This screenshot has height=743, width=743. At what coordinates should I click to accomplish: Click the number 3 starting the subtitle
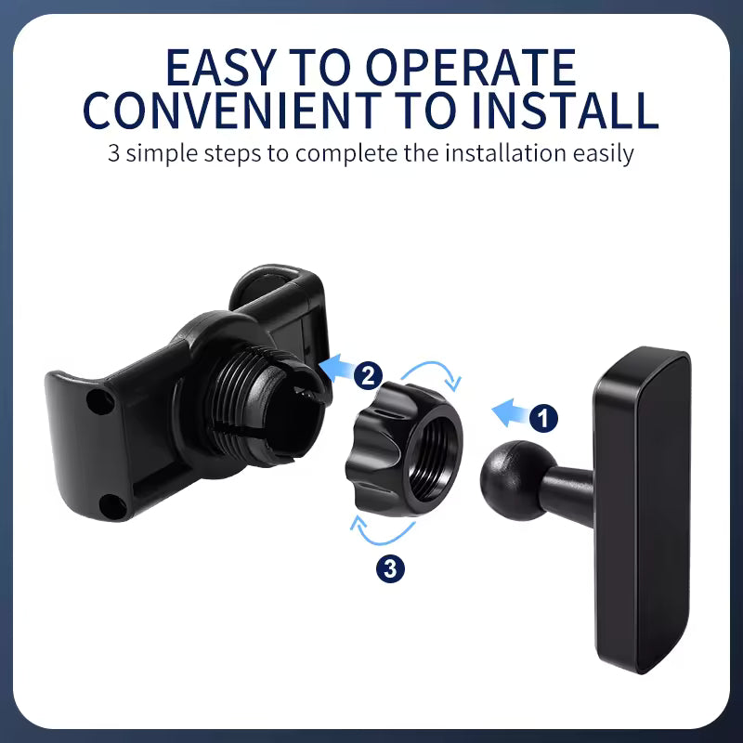click(114, 152)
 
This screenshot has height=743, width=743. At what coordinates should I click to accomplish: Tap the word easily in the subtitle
click(603, 152)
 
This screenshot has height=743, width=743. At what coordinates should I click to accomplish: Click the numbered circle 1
click(543, 418)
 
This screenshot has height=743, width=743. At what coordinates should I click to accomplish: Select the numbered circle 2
click(368, 376)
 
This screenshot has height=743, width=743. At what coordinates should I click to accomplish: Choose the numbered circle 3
click(391, 568)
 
